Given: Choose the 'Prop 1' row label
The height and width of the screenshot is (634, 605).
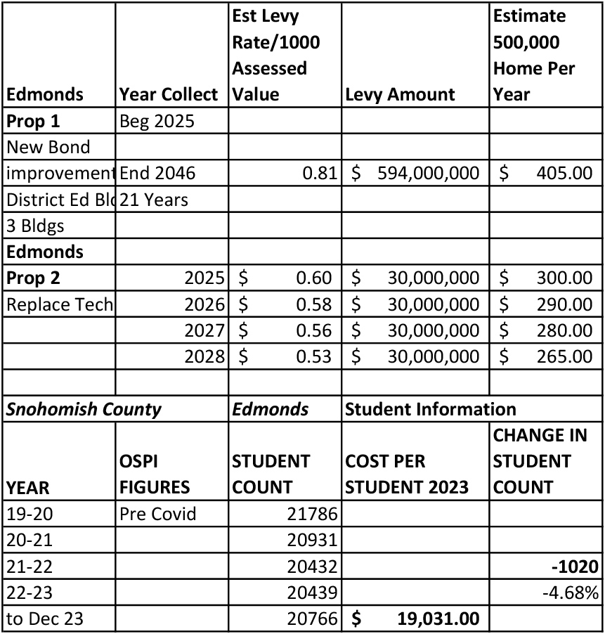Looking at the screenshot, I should [33, 121].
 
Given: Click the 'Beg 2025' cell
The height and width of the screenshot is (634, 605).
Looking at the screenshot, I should [157, 121].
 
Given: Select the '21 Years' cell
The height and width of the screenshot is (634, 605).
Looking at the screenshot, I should [155, 200].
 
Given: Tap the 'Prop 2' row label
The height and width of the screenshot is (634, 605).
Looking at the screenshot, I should [33, 278].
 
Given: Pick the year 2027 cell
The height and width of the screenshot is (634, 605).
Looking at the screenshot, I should [204, 330].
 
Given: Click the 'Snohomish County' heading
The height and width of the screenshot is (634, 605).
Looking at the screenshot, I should [84, 409].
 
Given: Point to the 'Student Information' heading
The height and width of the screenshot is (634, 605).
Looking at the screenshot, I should [430, 409].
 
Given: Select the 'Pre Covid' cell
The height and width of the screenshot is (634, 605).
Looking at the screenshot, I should [158, 514].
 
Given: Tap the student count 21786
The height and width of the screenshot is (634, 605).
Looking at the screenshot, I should [313, 514].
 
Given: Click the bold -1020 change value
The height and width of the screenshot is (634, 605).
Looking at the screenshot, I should [575, 567].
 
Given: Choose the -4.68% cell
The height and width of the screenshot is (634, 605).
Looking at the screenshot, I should [570, 593].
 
